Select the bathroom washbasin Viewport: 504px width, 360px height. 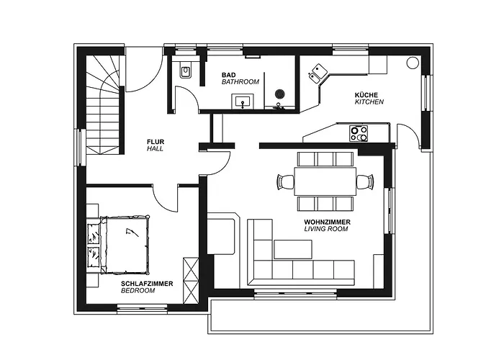coord(246,101)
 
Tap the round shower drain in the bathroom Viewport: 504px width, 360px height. coord(280,93)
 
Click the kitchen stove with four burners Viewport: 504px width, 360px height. coord(359,133)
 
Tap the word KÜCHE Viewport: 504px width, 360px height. coord(366,95)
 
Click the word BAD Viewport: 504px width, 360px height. coord(229,75)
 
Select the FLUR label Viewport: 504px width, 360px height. coord(155,141)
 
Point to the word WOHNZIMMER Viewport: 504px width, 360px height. coord(328,222)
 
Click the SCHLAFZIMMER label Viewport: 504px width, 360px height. coord(146,284)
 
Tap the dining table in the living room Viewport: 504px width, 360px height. coord(325,181)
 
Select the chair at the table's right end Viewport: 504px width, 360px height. coord(365,181)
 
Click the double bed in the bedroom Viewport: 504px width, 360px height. coord(127,245)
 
